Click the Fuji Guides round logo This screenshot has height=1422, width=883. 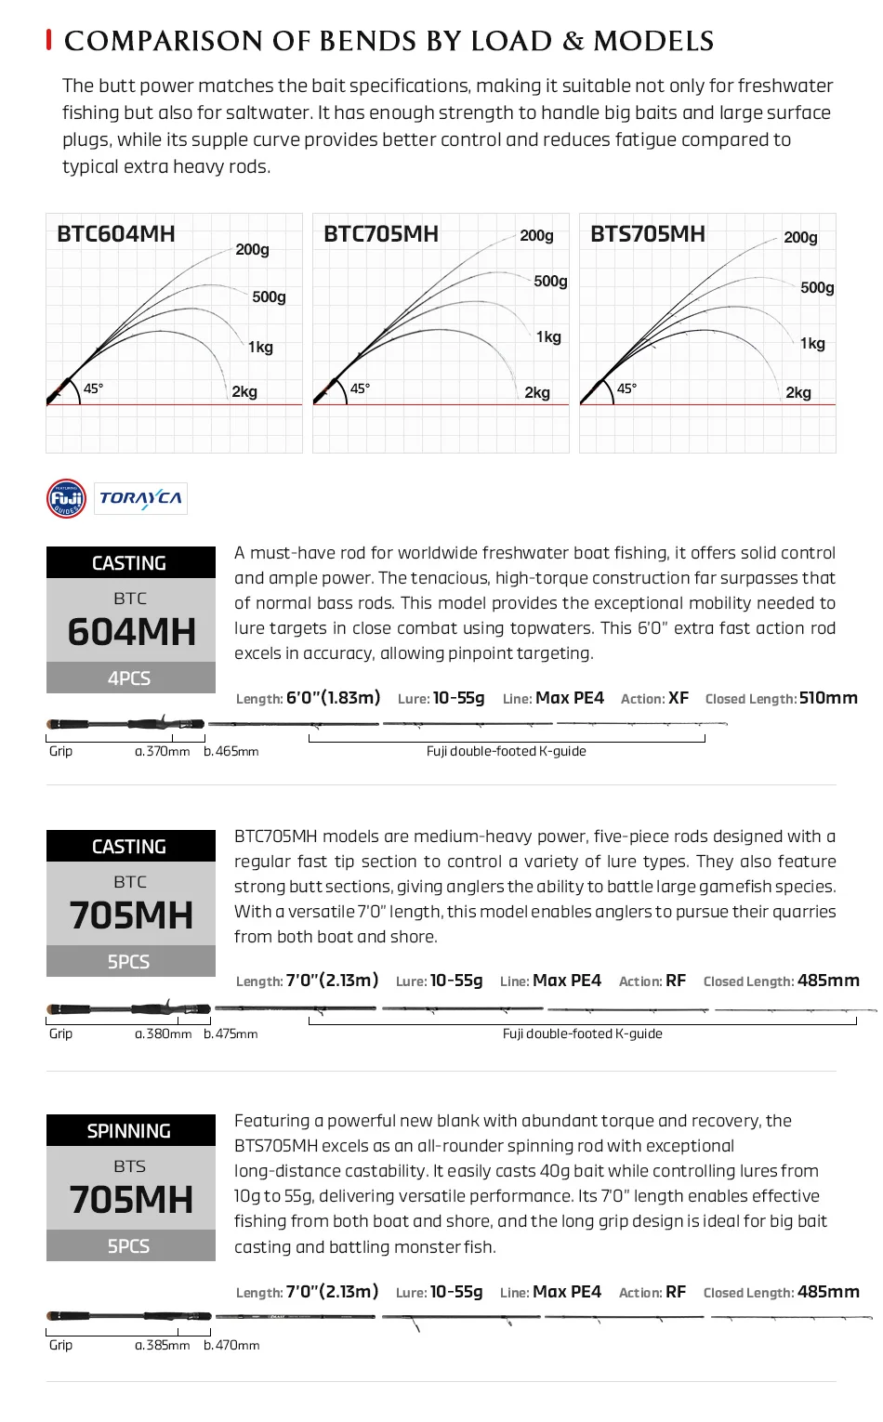[x=66, y=498]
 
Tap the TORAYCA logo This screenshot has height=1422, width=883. [x=140, y=498]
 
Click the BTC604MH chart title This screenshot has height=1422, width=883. [x=116, y=233]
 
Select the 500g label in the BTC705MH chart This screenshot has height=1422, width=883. [x=550, y=281]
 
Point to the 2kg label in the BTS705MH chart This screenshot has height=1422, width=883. [x=798, y=392]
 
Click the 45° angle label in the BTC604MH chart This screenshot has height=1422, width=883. [x=93, y=388]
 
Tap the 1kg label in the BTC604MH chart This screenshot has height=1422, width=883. [x=260, y=347]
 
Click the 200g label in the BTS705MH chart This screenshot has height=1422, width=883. [x=800, y=237]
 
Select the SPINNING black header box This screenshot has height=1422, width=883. [x=130, y=1130]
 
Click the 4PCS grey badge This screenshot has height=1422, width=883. [x=130, y=678]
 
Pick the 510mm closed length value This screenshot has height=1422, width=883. [x=828, y=698]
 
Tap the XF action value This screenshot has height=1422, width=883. [x=679, y=698]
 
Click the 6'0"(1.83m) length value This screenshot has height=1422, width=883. [x=334, y=698]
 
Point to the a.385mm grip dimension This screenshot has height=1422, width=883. [x=163, y=1345]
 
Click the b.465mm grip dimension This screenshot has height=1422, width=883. [x=231, y=751]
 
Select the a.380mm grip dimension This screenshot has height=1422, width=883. [x=164, y=1034]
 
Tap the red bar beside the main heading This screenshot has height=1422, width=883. [x=48, y=40]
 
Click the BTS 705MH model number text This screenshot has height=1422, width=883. [x=131, y=1199]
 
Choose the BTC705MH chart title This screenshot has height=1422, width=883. [x=381, y=233]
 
